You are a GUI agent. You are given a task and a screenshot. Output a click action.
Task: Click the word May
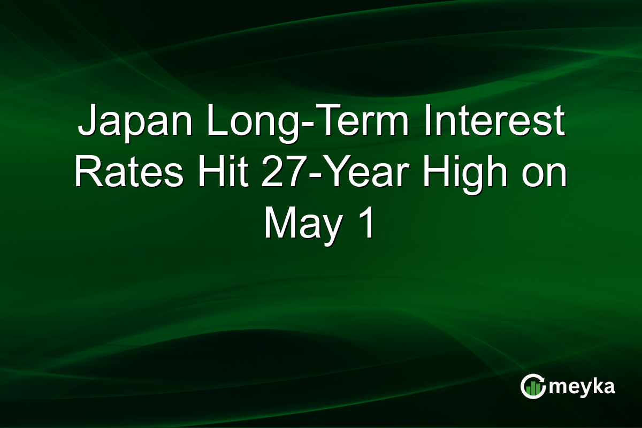(302, 223)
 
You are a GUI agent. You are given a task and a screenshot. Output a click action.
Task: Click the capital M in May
(279, 223)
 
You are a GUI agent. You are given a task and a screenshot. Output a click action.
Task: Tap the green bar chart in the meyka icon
(532, 388)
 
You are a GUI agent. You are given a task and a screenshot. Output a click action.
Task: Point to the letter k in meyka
(595, 386)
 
